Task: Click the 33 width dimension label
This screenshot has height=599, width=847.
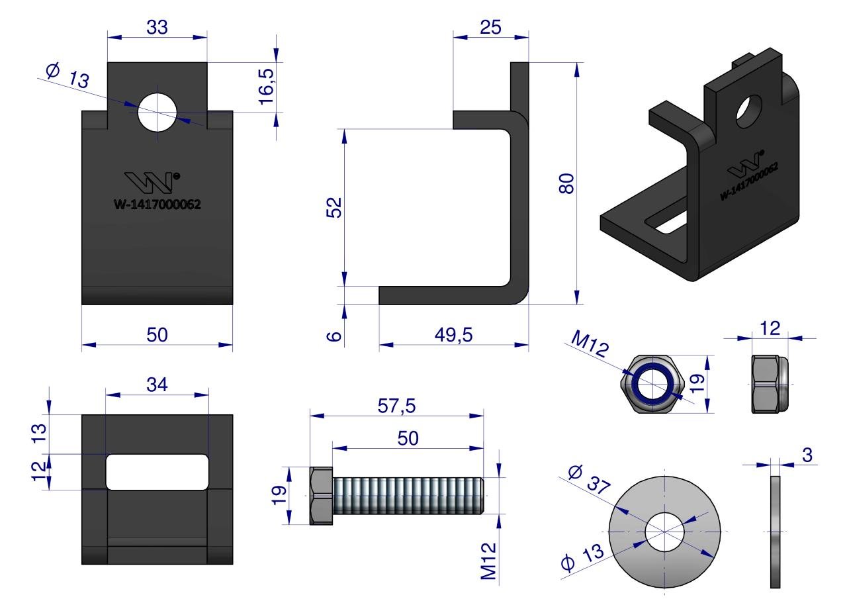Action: pyautogui.click(x=157, y=27)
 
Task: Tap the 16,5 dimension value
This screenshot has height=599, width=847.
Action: pyautogui.click(x=266, y=83)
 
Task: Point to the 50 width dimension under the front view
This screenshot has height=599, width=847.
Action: pyautogui.click(x=157, y=335)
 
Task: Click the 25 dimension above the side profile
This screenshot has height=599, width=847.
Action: pyautogui.click(x=490, y=27)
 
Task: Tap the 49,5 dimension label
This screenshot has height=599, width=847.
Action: pyautogui.click(x=453, y=335)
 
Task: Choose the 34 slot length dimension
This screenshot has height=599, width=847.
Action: pyautogui.click(x=157, y=384)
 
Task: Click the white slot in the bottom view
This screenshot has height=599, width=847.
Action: pyautogui.click(x=157, y=471)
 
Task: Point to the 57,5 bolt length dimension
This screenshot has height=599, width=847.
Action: pyautogui.click(x=396, y=406)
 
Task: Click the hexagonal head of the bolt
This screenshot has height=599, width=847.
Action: pyautogui.click(x=321, y=496)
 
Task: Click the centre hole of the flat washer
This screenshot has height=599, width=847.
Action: pyautogui.click(x=664, y=531)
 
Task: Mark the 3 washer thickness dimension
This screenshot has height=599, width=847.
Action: pyautogui.click(x=807, y=455)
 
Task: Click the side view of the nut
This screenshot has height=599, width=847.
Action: pyautogui.click(x=770, y=384)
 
